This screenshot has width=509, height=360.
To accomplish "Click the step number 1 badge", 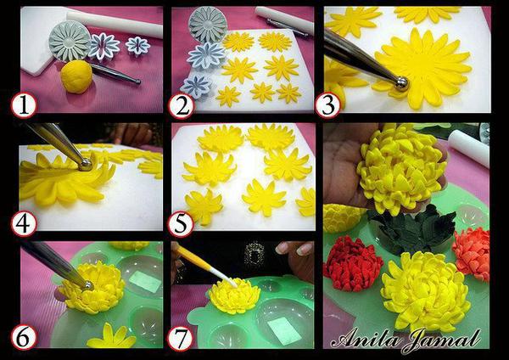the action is click(24, 105).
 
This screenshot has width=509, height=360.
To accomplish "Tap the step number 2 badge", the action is click(182, 105).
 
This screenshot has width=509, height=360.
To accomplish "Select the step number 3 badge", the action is click(328, 105).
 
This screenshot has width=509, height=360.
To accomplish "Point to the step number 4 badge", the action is click(24, 224).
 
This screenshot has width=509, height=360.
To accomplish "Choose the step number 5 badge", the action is click(182, 224).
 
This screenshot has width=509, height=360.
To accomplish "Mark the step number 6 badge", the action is click(24, 338).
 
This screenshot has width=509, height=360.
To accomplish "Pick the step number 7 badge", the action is click(181, 338).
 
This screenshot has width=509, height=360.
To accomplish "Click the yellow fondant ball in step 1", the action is click(76, 76).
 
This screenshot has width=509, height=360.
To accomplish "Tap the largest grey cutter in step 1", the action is click(70, 41).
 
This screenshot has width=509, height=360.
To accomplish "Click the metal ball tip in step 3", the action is click(402, 82).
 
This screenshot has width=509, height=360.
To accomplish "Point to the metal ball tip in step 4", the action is click(86, 164).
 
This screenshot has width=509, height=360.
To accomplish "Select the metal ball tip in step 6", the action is click(87, 286).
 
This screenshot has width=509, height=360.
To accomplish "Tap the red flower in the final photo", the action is click(353, 263).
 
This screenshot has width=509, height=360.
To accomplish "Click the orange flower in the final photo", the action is click(472, 253).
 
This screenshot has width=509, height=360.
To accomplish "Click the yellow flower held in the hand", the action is click(402, 168).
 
